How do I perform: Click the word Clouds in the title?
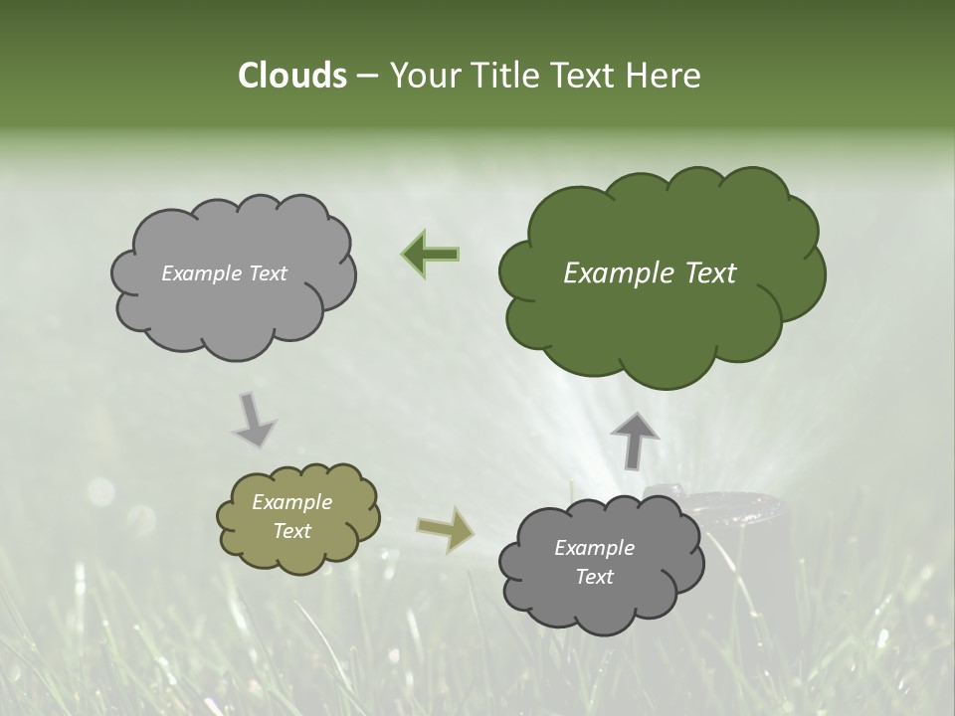coord(291,76)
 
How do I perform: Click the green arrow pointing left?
coord(430,254)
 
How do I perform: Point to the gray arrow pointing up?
coord(634,440)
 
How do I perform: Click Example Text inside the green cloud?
coord(650,273)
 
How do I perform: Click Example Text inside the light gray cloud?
coord(224,273)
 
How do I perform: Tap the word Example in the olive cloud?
coord(291,503)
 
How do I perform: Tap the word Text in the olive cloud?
coord(291,531)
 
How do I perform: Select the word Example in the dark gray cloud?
coord(594,548)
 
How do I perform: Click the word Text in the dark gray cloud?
coord(594,577)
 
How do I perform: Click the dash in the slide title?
coord(367,77)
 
